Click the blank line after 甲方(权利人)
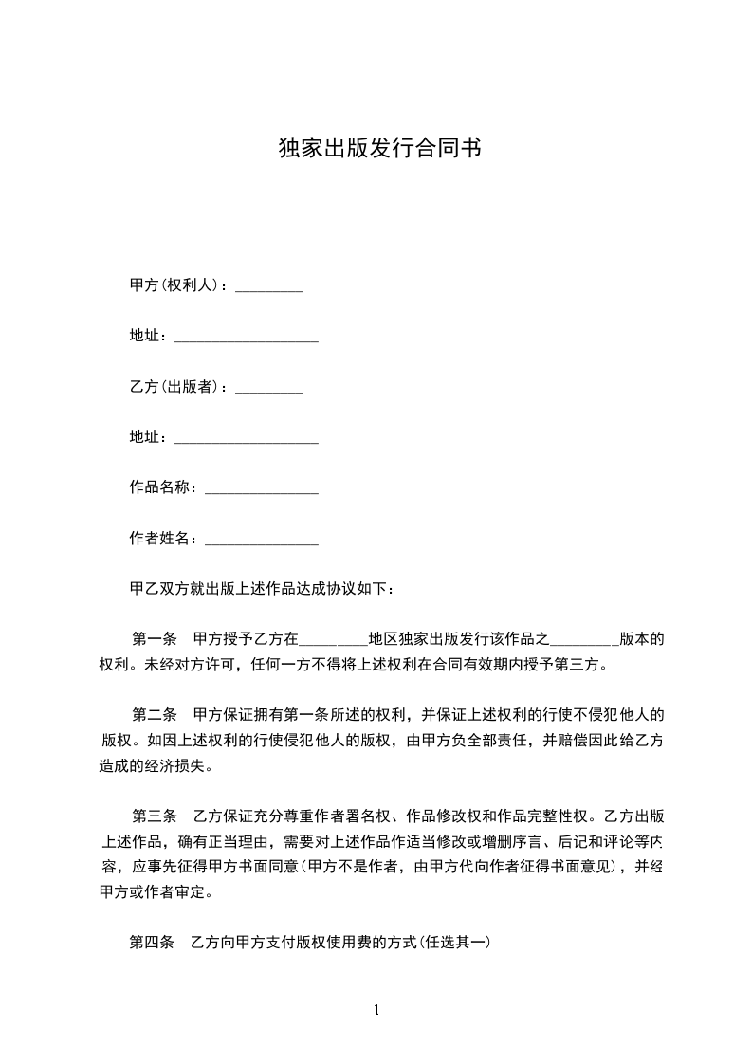tap(268, 288)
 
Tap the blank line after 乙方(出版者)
tap(268, 390)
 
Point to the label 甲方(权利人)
tap(175, 284)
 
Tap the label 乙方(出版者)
tap(175, 386)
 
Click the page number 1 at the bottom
tap(376, 1010)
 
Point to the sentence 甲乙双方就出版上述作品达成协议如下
tap(261, 589)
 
